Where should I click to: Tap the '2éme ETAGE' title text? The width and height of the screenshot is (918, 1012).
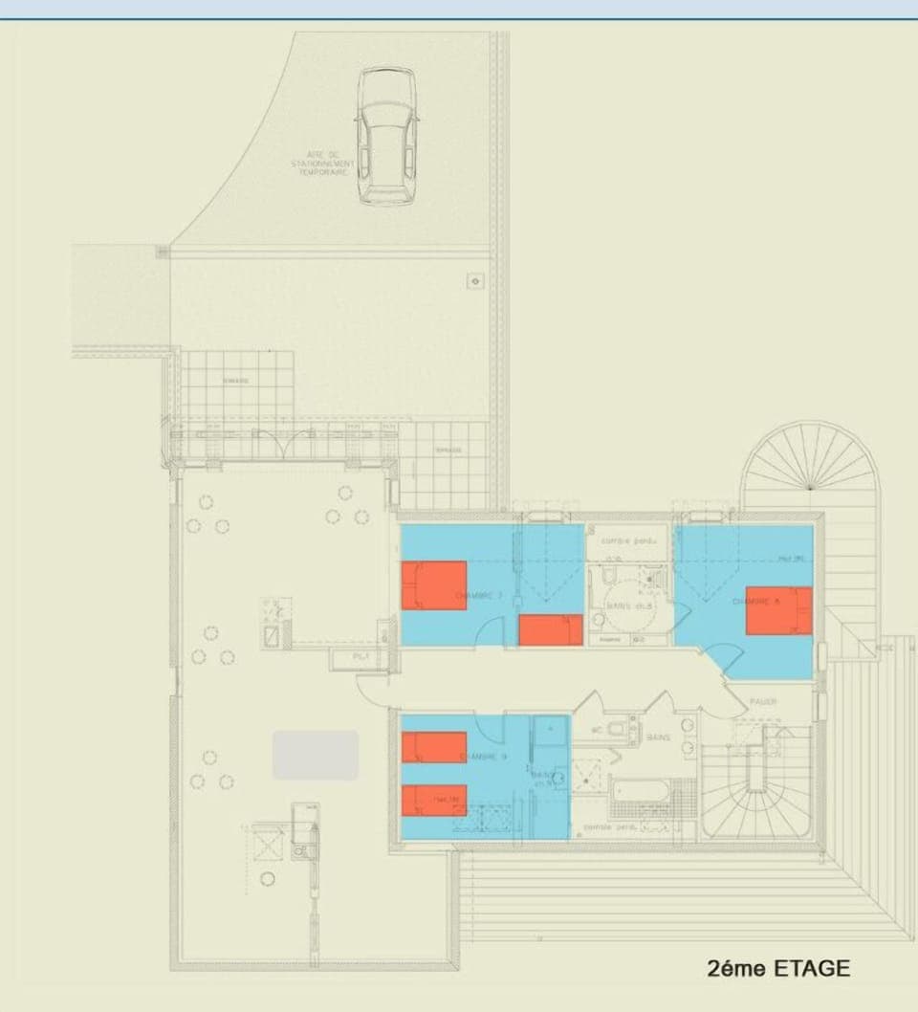click(778, 967)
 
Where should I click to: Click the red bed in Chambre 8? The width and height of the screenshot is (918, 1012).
click(778, 610)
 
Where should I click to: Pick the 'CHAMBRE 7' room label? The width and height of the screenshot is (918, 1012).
click(479, 595)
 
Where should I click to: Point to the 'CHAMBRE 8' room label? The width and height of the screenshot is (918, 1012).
click(755, 601)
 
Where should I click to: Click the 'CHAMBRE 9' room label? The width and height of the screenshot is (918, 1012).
click(483, 758)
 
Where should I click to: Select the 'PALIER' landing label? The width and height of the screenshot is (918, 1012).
click(763, 702)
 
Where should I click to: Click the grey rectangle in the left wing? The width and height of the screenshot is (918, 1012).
click(316, 755)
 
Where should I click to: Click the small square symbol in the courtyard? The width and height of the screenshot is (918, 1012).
click(476, 280)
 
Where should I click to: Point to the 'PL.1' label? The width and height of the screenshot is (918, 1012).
click(361, 658)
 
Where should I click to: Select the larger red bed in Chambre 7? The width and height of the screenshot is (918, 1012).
click(433, 585)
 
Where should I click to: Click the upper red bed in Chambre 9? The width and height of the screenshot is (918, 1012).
click(433, 746)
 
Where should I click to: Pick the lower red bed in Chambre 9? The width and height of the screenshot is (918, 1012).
click(433, 800)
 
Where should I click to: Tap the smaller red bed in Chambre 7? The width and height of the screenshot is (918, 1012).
click(551, 629)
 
